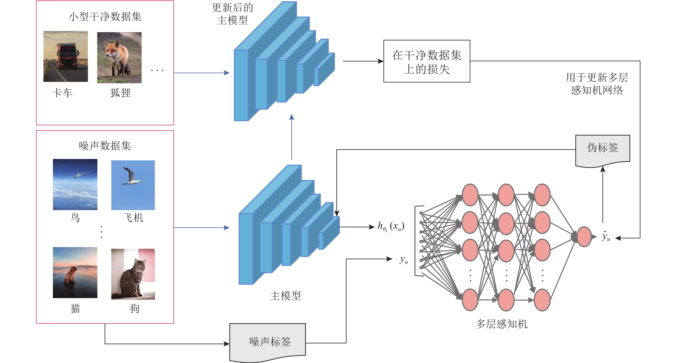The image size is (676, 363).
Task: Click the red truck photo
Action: (66, 56)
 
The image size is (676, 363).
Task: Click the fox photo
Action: (119, 58)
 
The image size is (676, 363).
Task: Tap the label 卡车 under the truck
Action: (62, 93)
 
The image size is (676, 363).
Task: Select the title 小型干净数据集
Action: (105, 17)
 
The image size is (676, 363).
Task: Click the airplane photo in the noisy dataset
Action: (75, 184)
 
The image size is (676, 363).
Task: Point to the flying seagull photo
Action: (133, 185)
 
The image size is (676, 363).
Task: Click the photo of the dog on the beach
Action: (75, 273)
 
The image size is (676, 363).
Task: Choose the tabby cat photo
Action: (133, 274)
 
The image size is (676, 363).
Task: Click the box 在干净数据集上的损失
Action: (427, 61)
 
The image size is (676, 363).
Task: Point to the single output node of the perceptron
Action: (584, 237)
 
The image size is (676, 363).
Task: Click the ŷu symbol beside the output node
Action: (606, 236)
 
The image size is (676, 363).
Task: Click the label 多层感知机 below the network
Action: (501, 324)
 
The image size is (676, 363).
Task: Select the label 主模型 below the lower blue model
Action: (285, 296)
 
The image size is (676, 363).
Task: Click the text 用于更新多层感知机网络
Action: (597, 84)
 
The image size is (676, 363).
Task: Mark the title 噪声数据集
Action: (105, 146)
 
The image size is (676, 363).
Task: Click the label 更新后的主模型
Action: (232, 14)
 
